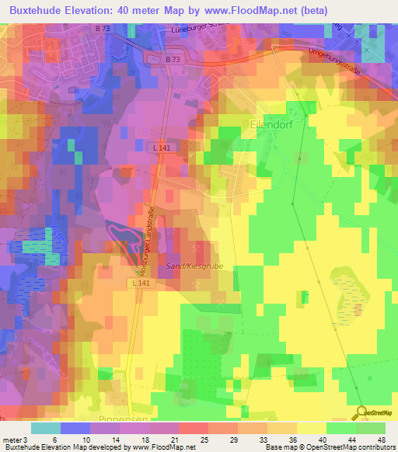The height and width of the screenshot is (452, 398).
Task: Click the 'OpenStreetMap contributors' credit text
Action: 349,447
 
